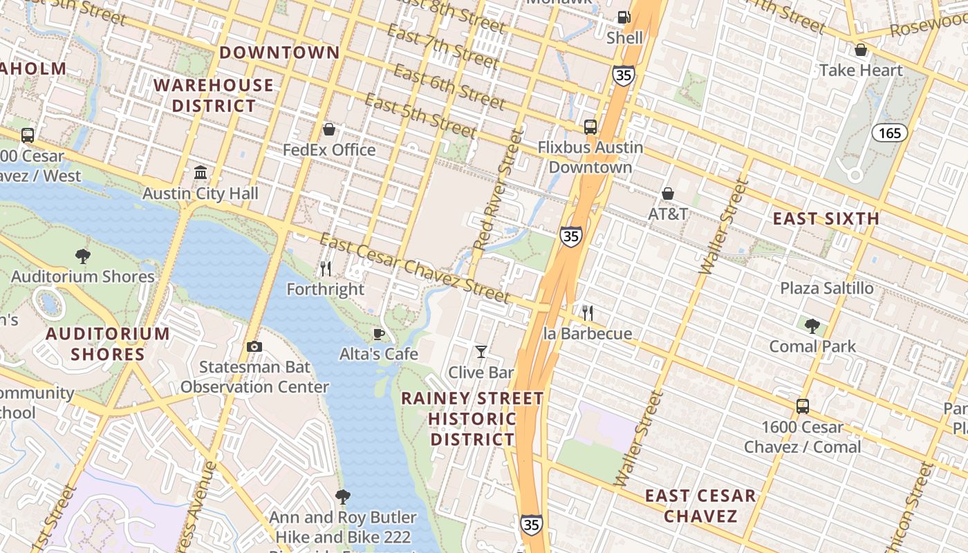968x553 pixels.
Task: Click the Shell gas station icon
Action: pos(624,17)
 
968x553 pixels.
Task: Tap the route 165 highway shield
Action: pos(889,132)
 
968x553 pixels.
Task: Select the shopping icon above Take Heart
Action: pos(861,50)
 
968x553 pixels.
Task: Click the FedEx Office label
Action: pos(329,150)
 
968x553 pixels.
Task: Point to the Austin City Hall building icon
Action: pos(201,172)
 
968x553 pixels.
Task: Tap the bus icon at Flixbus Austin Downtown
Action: pos(590,126)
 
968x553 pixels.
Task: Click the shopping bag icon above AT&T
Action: pos(668,194)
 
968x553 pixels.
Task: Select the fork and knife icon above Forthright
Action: pos(326,268)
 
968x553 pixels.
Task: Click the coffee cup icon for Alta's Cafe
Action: pos(378,335)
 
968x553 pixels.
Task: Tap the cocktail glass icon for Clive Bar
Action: pos(481,352)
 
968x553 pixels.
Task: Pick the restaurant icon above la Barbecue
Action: pos(587,313)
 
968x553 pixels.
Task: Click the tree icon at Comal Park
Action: pos(812,326)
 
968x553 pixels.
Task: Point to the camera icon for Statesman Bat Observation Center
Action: pos(254,346)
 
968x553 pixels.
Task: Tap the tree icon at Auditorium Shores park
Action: pos(83,256)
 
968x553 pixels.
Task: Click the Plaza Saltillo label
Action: pos(826,288)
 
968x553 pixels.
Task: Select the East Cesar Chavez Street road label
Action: pos(416,269)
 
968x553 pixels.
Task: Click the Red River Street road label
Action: pos(495,190)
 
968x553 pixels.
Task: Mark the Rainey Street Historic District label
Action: pos(473,419)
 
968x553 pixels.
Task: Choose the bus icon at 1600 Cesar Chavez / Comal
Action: pos(802,406)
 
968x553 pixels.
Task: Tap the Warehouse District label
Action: pos(214,95)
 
